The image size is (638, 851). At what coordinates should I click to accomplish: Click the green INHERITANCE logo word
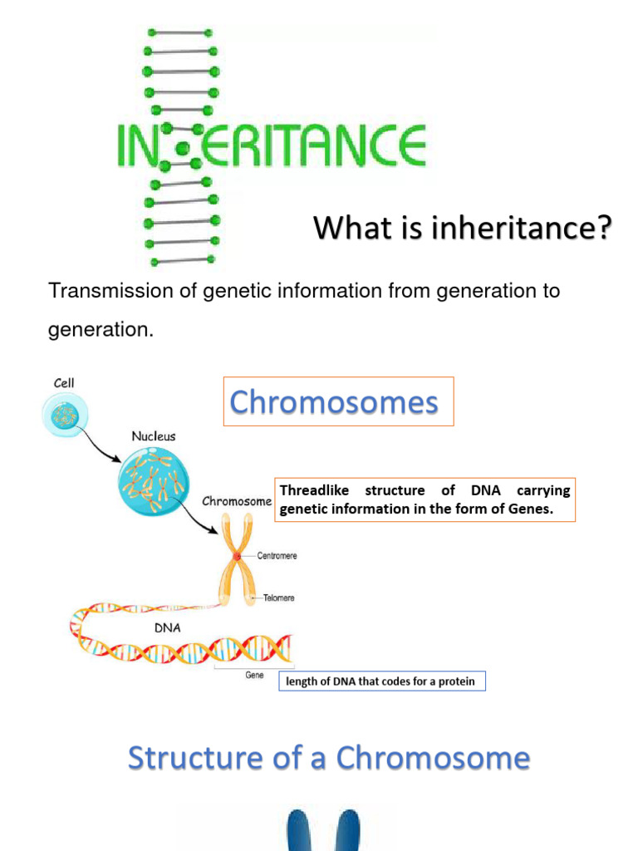(x=271, y=146)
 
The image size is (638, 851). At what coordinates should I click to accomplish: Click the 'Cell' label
(x=65, y=383)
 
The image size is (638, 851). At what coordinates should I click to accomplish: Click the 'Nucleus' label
(x=153, y=436)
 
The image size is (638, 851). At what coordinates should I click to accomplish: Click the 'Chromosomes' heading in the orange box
(x=334, y=402)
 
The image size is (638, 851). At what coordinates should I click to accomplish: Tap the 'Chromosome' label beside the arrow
(x=237, y=502)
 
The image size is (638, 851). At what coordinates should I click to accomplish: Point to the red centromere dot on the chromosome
(x=238, y=555)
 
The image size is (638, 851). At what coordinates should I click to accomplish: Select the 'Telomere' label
(x=278, y=598)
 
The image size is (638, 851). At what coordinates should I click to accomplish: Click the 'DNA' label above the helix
(x=169, y=628)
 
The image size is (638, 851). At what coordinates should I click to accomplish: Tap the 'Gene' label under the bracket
(x=254, y=676)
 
